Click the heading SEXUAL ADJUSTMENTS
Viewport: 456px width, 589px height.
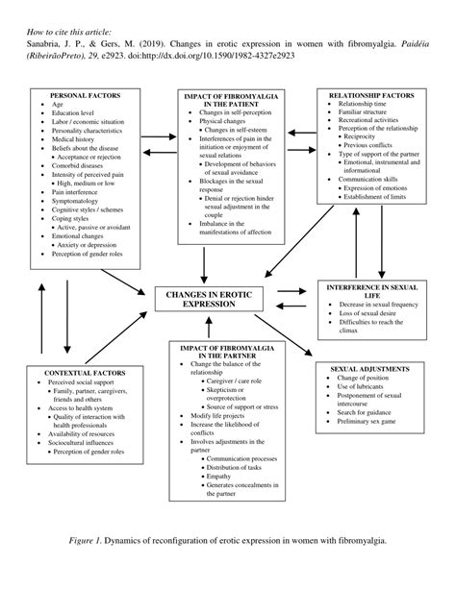[369, 368]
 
